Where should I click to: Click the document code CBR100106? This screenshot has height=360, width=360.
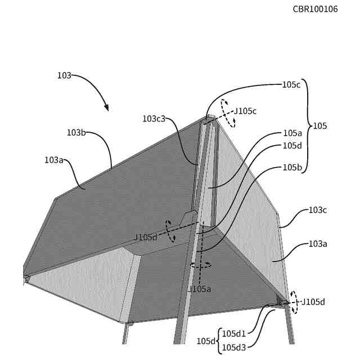point(315,9)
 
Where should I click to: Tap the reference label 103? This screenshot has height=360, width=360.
point(64,75)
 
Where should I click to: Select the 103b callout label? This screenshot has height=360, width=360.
point(76,133)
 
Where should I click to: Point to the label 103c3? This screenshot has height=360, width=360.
point(154,119)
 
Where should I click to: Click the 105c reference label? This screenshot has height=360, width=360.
point(292,85)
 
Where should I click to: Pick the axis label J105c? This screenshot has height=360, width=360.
point(245,111)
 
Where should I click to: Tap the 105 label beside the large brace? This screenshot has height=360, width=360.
point(319,126)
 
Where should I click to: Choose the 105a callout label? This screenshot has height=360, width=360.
point(292,133)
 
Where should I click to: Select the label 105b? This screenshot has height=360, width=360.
point(292,167)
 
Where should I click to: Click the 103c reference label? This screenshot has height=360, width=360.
point(318,210)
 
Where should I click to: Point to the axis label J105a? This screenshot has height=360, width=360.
point(199,289)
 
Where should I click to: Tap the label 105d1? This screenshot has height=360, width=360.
point(233,332)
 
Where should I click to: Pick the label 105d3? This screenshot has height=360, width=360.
point(233,347)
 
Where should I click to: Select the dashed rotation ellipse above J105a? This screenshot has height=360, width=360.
point(199,264)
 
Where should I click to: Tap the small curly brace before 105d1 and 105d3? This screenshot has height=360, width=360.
point(218,340)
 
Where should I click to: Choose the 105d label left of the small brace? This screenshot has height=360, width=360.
point(205,341)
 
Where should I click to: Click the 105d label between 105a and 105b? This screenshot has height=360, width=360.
point(292,146)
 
